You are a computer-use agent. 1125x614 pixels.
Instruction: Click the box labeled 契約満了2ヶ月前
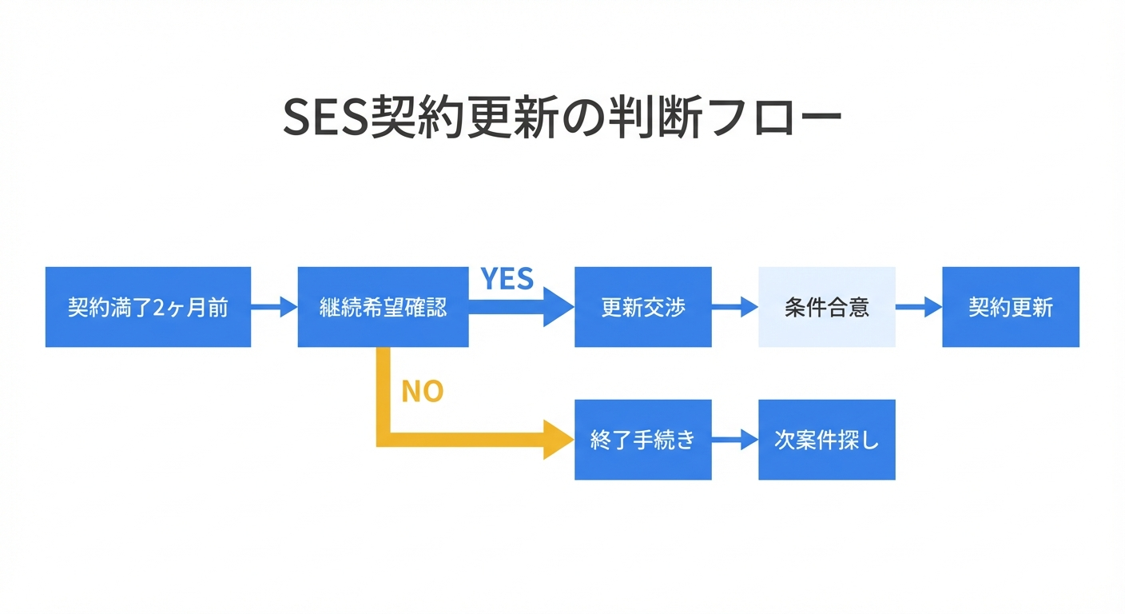[x=148, y=307]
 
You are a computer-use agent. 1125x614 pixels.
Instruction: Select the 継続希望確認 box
[x=383, y=307]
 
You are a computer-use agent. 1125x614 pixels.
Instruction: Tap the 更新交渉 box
[x=642, y=307]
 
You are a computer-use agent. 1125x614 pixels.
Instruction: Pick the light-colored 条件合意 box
[x=826, y=307]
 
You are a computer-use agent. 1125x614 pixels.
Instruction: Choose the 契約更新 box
[x=1010, y=307]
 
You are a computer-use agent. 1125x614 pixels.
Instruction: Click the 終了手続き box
[x=642, y=440]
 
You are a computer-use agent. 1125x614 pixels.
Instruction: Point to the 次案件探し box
[x=826, y=440]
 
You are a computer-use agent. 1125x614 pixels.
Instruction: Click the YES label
[x=507, y=279]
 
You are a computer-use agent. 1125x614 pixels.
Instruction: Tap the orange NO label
[x=422, y=392]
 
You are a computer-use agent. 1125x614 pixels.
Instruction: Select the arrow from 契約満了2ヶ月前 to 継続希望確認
[x=274, y=307]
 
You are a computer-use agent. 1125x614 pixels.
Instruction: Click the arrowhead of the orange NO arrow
[x=559, y=440]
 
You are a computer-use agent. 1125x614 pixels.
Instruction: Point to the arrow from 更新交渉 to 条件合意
[x=734, y=307]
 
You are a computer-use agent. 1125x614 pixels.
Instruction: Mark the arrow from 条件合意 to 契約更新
[x=919, y=307]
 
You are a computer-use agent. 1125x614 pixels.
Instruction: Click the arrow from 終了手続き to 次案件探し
[x=734, y=440]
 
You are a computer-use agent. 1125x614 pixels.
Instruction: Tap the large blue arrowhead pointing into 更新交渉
[x=559, y=307]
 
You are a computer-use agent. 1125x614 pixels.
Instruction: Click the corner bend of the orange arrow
[x=383, y=439]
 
